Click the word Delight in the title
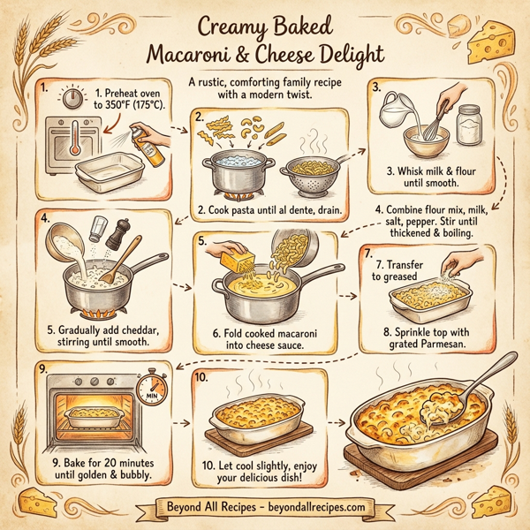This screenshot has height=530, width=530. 346,54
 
